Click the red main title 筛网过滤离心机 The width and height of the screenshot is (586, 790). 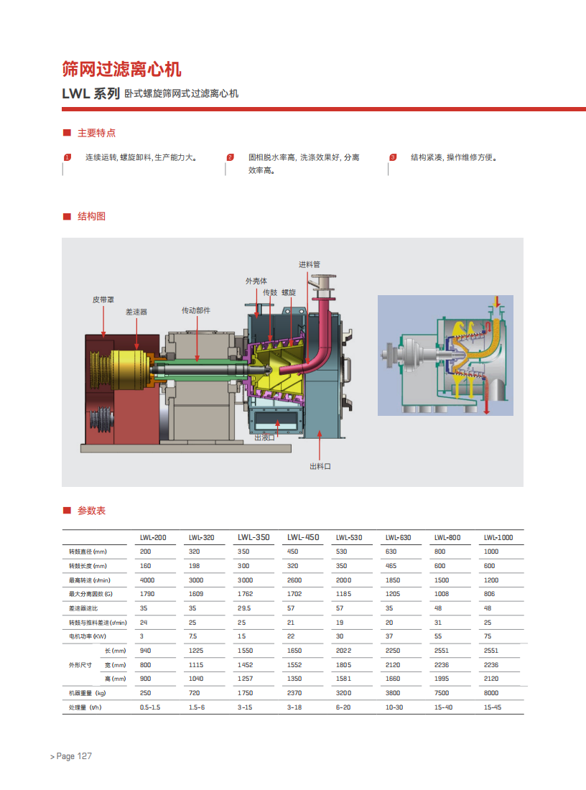click(x=121, y=69)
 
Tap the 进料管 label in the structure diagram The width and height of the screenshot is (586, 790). click(x=310, y=264)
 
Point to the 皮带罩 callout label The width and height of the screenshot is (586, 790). click(x=103, y=299)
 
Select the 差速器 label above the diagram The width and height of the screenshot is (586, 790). click(x=136, y=312)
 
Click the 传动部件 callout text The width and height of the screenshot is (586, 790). click(x=196, y=310)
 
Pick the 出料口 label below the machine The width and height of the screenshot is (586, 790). click(x=320, y=467)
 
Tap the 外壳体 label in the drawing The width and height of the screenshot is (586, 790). click(x=256, y=281)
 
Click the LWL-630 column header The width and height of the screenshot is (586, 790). click(x=398, y=538)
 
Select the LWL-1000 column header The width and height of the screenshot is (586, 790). click(x=498, y=538)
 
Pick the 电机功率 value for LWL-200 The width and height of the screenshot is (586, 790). click(x=141, y=636)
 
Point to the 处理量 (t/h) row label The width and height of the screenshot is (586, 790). click(x=85, y=707)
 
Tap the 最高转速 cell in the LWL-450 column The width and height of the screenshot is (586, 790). click(x=294, y=580)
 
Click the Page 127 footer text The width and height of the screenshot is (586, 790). click(x=74, y=756)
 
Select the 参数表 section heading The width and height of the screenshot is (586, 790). click(x=91, y=511)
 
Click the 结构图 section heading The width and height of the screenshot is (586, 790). click(x=91, y=217)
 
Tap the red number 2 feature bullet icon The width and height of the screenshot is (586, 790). click(x=231, y=157)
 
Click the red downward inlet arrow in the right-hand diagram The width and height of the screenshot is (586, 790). click(x=498, y=302)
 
